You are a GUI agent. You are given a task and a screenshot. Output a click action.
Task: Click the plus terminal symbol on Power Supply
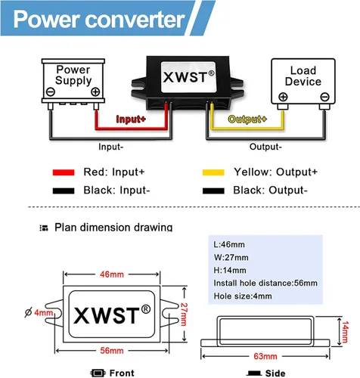pos(95,91)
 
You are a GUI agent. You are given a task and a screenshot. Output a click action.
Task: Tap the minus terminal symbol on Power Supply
pos(51,91)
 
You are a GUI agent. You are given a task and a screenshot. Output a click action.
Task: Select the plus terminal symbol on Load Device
pos(283,97)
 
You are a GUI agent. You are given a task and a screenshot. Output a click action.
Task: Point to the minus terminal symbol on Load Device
pos(324,97)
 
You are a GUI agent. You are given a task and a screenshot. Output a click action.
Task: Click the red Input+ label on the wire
pos(131,119)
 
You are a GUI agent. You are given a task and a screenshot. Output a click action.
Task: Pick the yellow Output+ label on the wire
pos(247,119)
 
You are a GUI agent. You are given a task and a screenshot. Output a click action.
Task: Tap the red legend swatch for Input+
pos(64,172)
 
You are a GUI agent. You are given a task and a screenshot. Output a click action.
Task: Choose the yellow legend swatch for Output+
pos(213,172)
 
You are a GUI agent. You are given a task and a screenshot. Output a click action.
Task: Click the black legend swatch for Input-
pos(64,191)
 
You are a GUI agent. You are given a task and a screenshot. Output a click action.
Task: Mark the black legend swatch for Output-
pos(213,191)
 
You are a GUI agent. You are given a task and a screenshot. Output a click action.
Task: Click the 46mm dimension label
pos(112,274)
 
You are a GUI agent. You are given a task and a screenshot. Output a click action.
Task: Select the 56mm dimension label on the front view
pos(112,351)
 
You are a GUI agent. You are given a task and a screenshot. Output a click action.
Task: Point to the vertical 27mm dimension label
pos(185,314)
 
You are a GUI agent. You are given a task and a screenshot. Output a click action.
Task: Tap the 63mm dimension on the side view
pos(265,356)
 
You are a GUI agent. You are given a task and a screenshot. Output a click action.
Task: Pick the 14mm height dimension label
pos(345,332)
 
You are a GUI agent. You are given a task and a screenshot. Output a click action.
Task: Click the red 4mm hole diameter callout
pos(43,313)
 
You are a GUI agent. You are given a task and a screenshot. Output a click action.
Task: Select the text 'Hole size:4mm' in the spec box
pos(243,296)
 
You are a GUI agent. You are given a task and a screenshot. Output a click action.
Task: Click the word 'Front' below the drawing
pos(122,373)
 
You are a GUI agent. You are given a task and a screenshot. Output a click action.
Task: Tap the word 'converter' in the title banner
pos(135,20)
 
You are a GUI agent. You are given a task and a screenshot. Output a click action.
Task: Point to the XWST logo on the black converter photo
pos(188,77)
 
